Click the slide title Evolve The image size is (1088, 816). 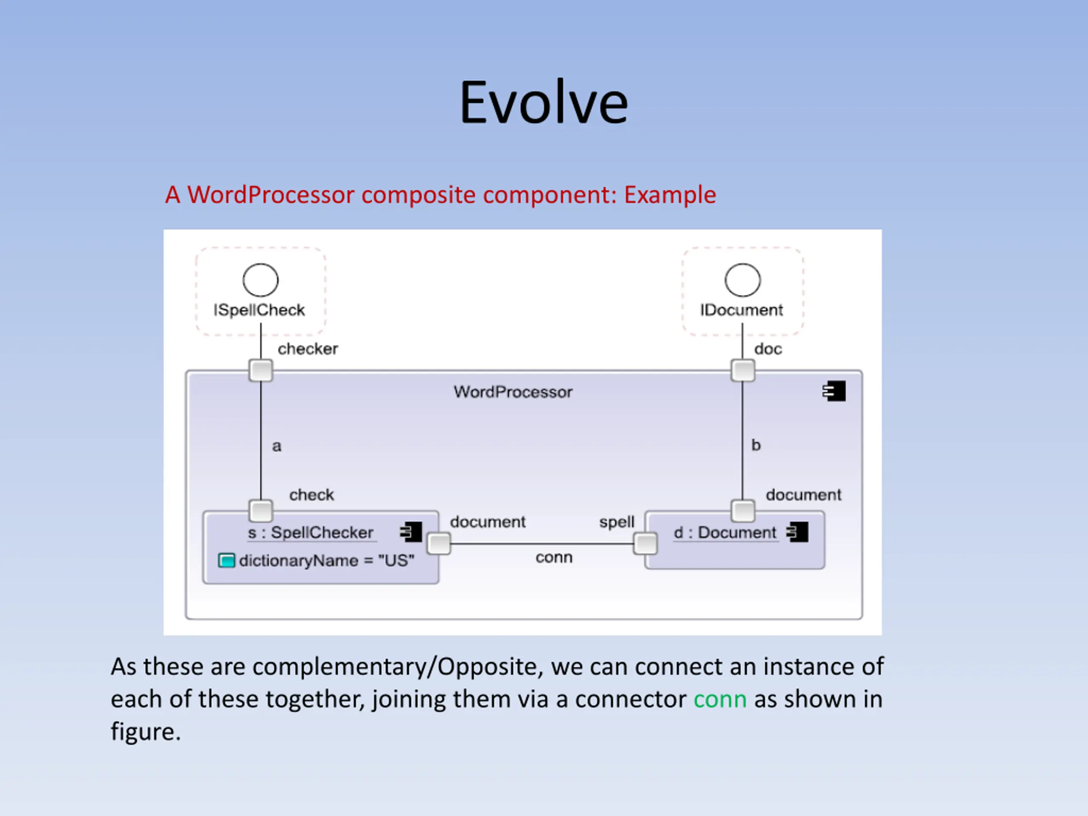point(544,102)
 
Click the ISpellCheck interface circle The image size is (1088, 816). point(261,280)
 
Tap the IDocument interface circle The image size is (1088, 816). point(743,280)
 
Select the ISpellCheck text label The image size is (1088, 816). point(259,310)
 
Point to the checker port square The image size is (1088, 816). point(261,370)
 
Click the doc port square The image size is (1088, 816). point(743,370)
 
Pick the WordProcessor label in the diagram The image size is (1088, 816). point(513,392)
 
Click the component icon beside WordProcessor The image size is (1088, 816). point(834,391)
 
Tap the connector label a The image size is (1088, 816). point(277,446)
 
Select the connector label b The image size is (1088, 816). point(756,445)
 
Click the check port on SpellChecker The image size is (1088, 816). point(261,510)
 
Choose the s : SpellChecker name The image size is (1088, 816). point(310,533)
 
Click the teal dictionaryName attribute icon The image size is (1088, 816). point(226,560)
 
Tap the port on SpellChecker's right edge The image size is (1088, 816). point(439,544)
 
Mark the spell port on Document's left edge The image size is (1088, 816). point(645,544)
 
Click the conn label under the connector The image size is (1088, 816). point(554,557)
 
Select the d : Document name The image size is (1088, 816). point(725,533)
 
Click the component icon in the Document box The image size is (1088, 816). point(797,532)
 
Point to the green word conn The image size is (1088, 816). point(720,699)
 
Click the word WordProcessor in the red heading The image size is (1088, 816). point(271,195)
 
